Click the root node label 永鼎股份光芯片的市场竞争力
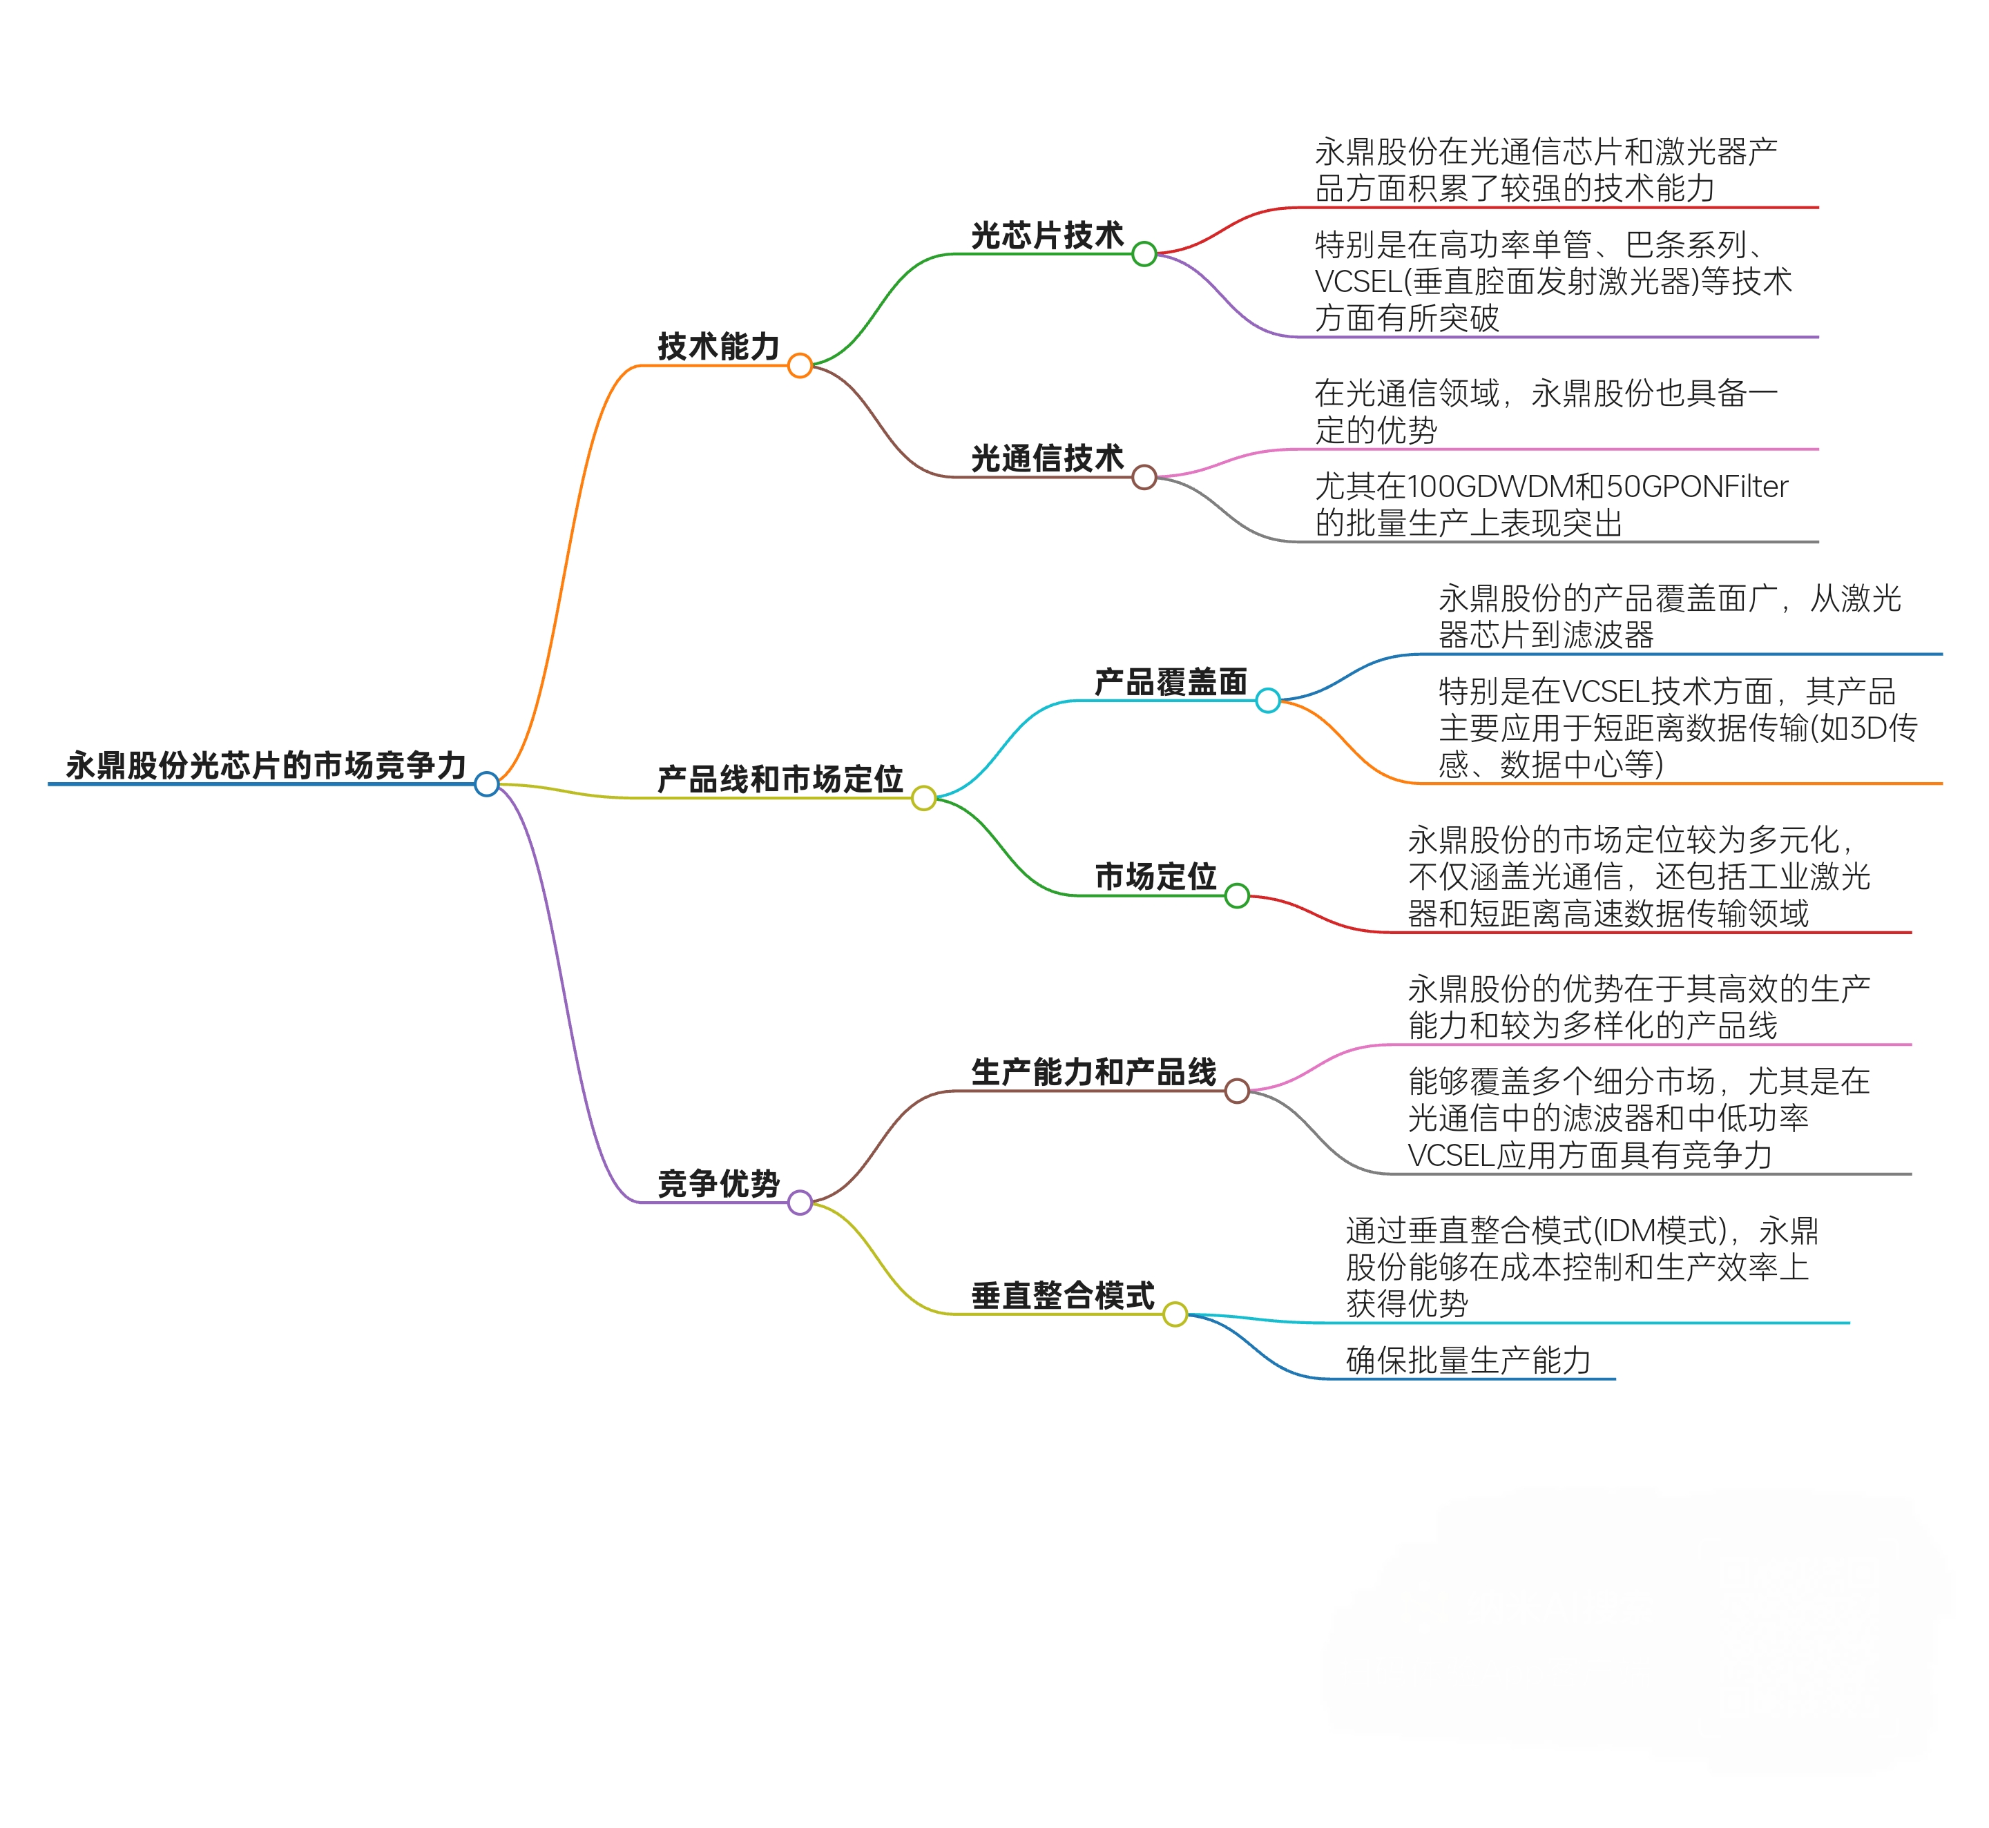click(x=265, y=766)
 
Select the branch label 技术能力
click(x=718, y=347)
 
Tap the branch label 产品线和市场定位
click(x=780, y=779)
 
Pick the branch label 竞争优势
click(x=718, y=1184)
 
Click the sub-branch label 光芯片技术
click(x=1047, y=235)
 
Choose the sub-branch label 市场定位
click(x=1155, y=877)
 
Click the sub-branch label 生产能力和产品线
click(x=1093, y=1072)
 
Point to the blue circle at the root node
click(x=486, y=784)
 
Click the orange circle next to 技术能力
click(x=800, y=366)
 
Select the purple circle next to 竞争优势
click(x=800, y=1203)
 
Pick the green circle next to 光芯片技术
click(x=1144, y=254)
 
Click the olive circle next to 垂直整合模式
click(x=1175, y=1314)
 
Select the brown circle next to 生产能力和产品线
click(x=1237, y=1091)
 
